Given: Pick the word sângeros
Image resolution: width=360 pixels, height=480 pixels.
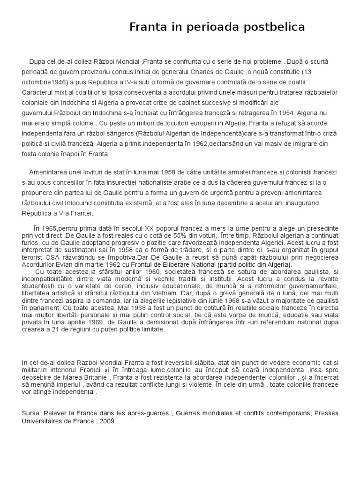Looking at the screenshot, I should pyautogui.click(x=117, y=134).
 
